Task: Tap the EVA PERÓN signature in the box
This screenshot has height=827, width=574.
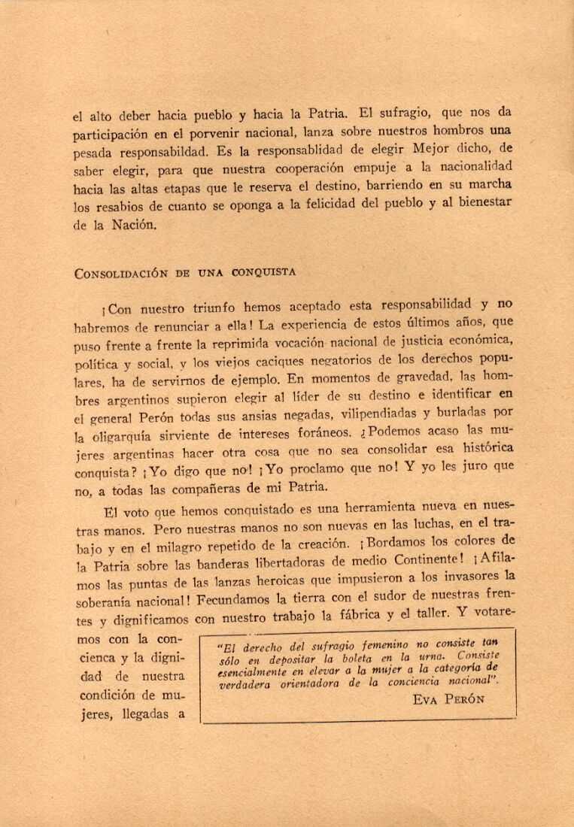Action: (450, 700)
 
